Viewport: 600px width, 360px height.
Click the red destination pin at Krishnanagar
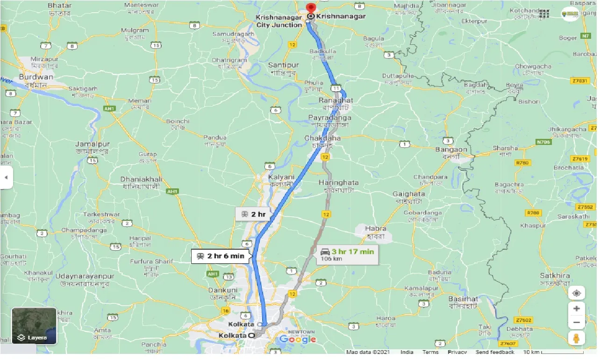tap(311, 8)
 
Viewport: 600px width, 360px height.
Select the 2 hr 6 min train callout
tap(221, 256)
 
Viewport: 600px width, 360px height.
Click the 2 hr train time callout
tap(253, 215)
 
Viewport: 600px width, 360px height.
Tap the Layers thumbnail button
tap(34, 326)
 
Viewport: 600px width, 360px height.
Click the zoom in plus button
tap(577, 309)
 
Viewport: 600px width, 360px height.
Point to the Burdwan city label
tap(36, 77)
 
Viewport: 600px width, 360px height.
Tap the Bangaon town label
tap(451, 150)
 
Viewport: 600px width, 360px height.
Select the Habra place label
tap(376, 229)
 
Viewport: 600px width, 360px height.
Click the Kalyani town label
tap(281, 178)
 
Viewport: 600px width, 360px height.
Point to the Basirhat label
tap(463, 299)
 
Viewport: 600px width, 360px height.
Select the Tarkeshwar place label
tap(101, 214)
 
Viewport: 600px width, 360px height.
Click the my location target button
tap(577, 293)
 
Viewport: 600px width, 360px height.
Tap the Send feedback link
tap(495, 353)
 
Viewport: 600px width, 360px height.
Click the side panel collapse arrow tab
tap(6, 178)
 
